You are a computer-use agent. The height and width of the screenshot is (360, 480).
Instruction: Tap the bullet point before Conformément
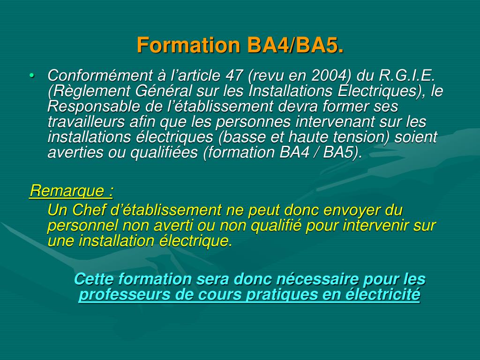[31, 75]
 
